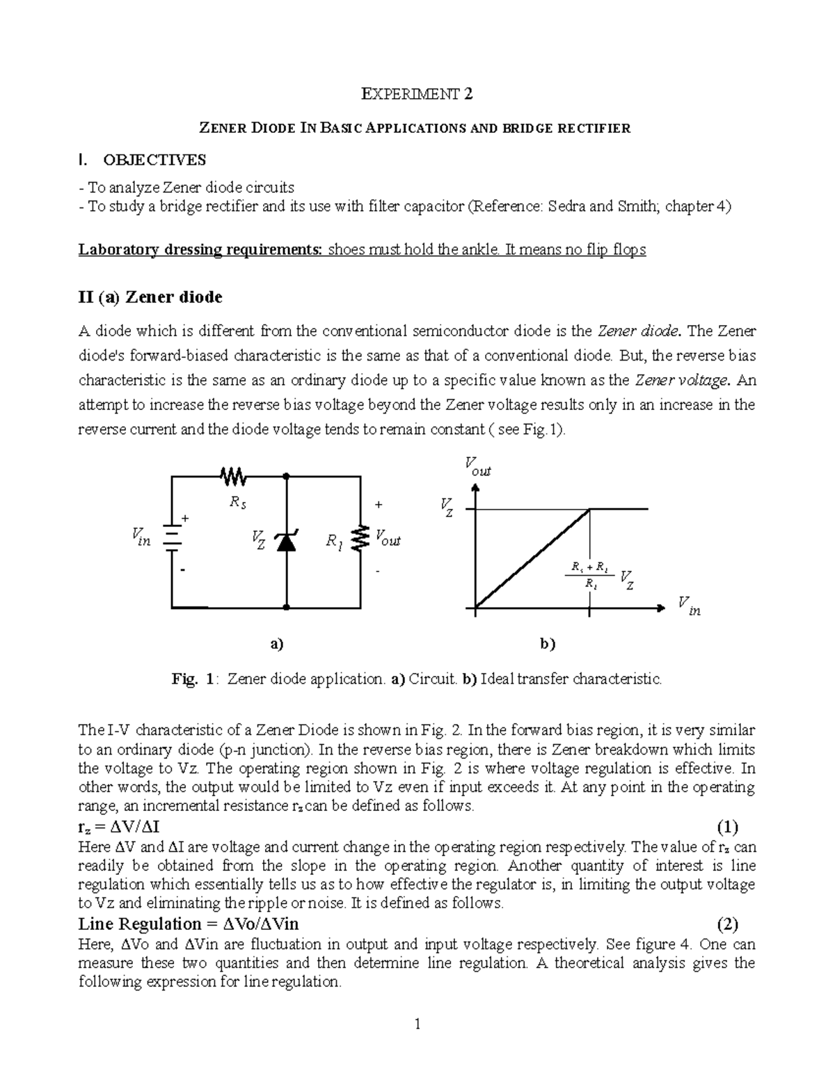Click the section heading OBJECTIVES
[x=154, y=160]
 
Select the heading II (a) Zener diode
[x=150, y=297]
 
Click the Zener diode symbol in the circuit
[x=286, y=541]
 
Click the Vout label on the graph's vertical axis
[x=477, y=467]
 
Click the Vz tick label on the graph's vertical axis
[x=447, y=506]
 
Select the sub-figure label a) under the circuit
[x=277, y=644]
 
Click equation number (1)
[x=728, y=828]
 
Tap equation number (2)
[x=728, y=924]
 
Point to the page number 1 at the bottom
[x=417, y=1024]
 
